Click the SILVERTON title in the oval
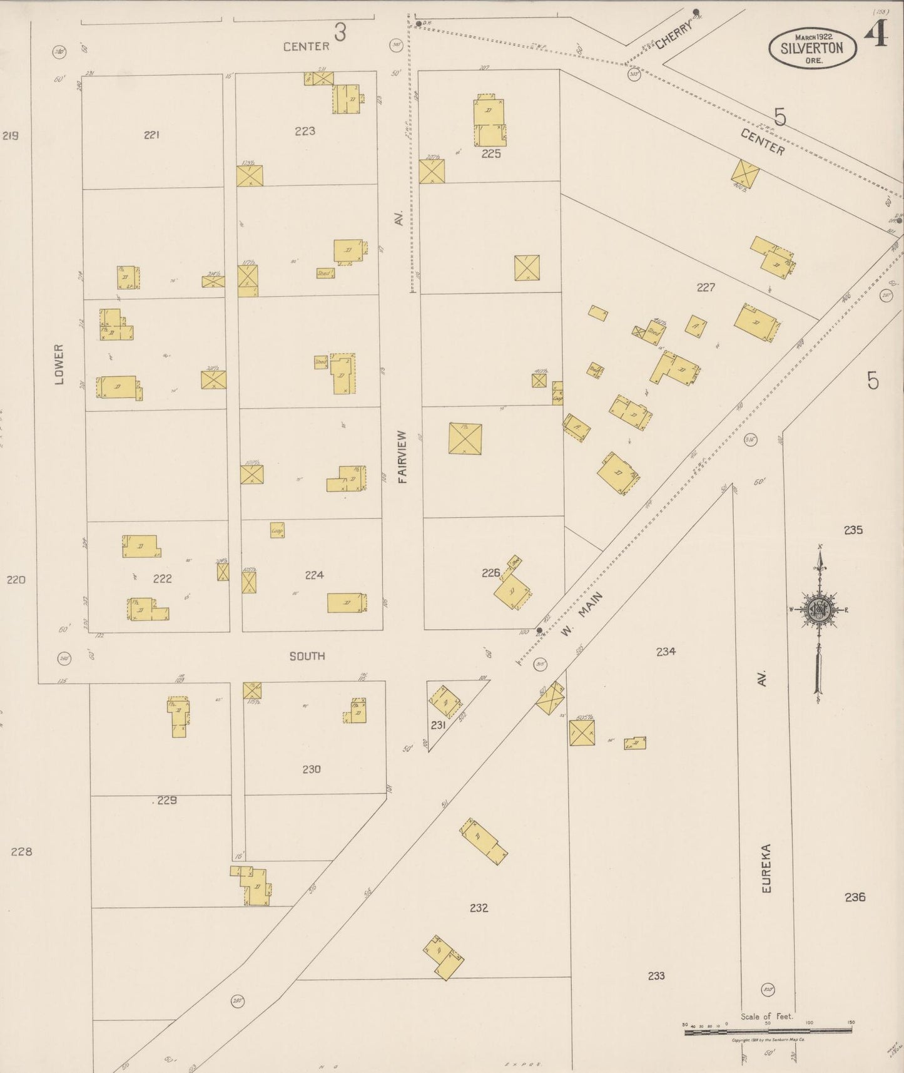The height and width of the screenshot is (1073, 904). pos(811,49)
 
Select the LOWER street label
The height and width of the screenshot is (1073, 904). pos(59,364)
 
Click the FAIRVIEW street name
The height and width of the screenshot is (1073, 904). pos(402,456)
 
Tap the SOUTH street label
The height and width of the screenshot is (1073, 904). pos(307,656)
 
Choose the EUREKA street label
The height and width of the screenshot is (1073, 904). pos(766,868)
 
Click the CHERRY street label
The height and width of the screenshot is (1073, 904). pos(674,35)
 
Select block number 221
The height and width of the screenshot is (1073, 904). pos(151,135)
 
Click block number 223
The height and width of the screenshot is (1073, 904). pos(305,131)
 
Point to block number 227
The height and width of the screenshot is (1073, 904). pos(706,287)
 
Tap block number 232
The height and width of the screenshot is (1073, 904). pos(479,908)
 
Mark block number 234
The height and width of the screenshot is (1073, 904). pos(666,652)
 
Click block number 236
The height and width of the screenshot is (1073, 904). pos(855,897)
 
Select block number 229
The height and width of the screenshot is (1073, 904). pos(167,800)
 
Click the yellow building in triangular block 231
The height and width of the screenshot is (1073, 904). pos(446,702)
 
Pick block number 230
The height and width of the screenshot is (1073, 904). pos(311,769)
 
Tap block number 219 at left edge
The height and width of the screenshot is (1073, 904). pos(10,135)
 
